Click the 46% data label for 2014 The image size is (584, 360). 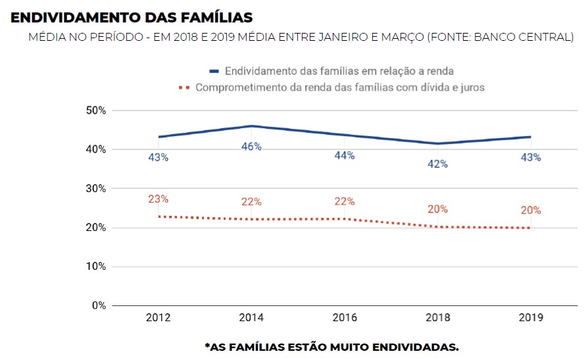(251, 147)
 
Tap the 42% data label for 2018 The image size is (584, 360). (437, 164)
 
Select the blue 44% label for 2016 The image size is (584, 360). (344, 155)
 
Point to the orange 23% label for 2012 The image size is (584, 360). (158, 199)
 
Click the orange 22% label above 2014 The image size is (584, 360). (251, 202)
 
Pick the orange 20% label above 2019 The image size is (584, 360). (530, 211)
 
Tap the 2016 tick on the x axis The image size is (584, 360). (344, 318)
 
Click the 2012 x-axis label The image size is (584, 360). (158, 318)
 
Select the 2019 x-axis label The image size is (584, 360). (530, 318)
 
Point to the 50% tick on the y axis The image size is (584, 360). (95, 111)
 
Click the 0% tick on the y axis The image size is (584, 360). (98, 306)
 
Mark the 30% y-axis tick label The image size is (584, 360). (95, 189)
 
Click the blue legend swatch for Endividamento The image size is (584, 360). (214, 70)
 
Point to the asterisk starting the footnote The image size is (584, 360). (207, 345)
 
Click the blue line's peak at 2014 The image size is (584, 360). (251, 126)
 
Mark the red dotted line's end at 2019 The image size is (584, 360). (529, 228)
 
